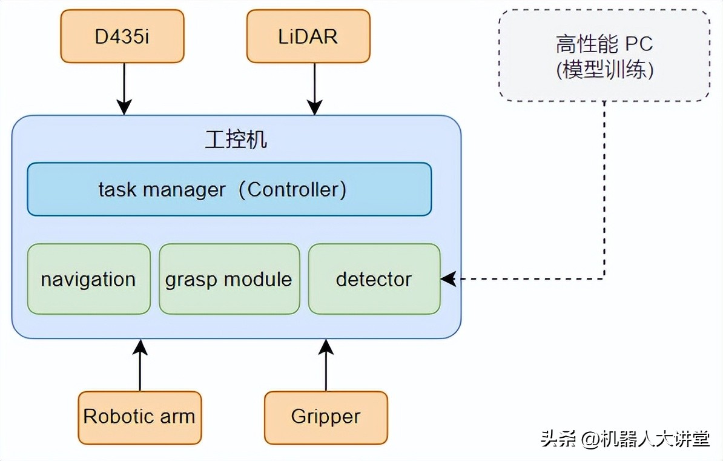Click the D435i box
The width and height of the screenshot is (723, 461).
tap(122, 36)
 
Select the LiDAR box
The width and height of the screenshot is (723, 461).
tap(308, 36)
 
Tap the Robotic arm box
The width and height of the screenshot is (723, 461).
tap(139, 417)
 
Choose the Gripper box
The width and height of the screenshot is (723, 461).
tap(326, 417)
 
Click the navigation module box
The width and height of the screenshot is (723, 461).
tap(88, 279)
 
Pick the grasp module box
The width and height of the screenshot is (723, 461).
tap(229, 279)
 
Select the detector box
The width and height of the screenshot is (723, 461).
tap(374, 279)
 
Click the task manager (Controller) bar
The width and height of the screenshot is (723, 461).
tap(229, 189)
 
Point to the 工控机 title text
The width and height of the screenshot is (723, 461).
tap(236, 140)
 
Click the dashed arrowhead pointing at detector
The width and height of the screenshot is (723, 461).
tap(447, 279)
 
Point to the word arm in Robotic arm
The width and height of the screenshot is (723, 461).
tap(177, 417)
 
